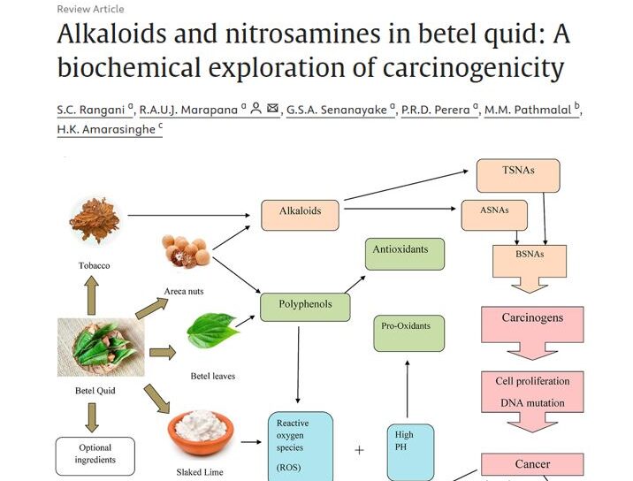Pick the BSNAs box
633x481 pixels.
pos(529,257)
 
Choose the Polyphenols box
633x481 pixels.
pos(304,306)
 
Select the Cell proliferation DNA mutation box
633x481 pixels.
pos(532,392)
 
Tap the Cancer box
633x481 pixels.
pos(532,464)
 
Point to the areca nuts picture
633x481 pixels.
pos(185,255)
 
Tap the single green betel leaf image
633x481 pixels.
pos(213,332)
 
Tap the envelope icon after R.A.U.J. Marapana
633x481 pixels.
pos(272,109)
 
